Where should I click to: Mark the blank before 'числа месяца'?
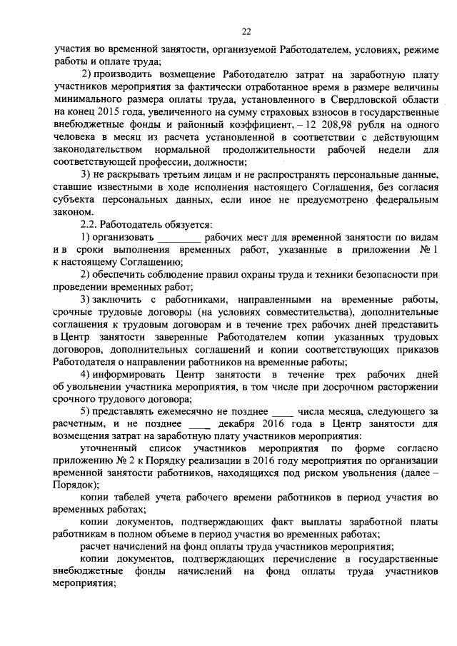pos(283,412)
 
